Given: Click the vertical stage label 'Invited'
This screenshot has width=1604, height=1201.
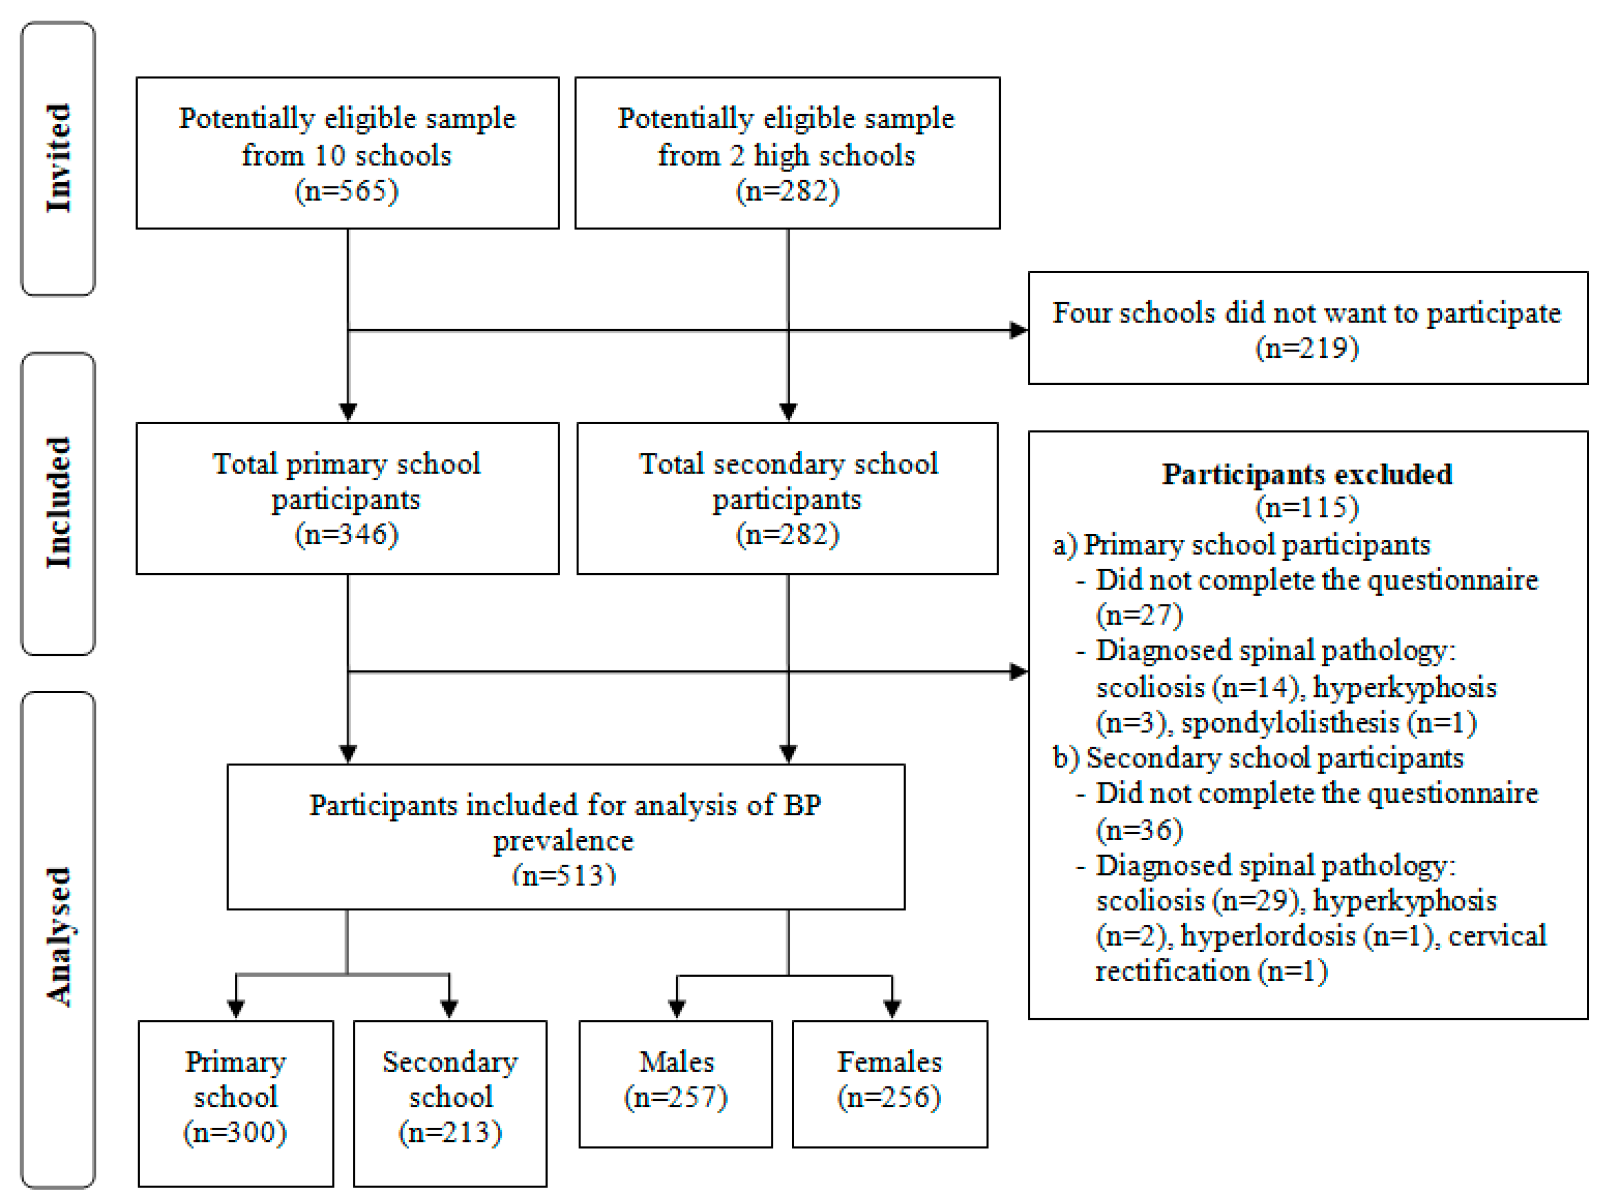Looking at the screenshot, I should [x=59, y=158].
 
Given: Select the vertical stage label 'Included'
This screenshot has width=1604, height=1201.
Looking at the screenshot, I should [x=59, y=503].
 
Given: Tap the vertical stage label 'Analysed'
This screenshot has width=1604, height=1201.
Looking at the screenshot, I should [x=59, y=936].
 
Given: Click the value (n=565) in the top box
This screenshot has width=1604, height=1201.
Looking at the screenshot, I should [x=347, y=192].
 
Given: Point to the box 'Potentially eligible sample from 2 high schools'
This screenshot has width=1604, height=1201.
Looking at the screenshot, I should [x=787, y=153].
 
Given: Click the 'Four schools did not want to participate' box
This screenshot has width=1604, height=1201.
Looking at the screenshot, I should [x=1307, y=328].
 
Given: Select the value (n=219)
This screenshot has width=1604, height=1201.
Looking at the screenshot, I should [x=1307, y=348].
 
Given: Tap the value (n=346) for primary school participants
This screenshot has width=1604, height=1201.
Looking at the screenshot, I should [x=347, y=535].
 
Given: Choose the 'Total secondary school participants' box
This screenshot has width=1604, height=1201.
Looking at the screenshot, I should [x=787, y=498].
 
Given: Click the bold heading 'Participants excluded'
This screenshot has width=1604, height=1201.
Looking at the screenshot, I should [x=1307, y=474].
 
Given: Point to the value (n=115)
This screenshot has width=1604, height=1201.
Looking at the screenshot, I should [x=1307, y=507].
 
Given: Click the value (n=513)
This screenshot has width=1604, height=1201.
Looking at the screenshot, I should [x=564, y=875].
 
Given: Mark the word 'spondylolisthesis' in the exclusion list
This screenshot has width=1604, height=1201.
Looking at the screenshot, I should [x=1290, y=723].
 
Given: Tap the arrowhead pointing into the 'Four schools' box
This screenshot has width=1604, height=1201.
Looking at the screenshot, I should [x=1019, y=331].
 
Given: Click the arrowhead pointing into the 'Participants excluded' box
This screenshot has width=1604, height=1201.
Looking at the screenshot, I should [x=1019, y=672].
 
